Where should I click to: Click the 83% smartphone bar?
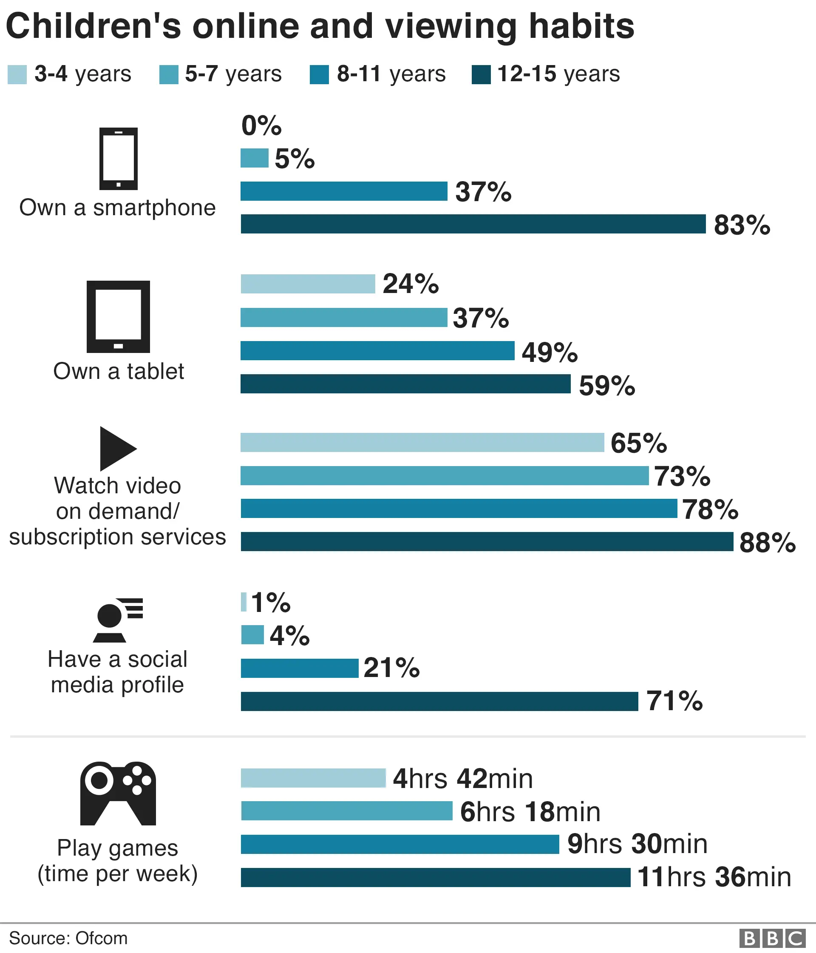[x=473, y=224]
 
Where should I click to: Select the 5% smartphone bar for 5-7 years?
[x=254, y=158]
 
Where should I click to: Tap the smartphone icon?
[x=119, y=159]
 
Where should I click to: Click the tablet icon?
[x=119, y=316]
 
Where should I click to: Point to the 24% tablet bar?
[x=308, y=284]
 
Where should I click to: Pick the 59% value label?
[x=606, y=385]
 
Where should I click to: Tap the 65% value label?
[x=638, y=443]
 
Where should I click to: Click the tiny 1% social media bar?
[x=244, y=602]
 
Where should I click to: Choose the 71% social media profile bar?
[x=439, y=701]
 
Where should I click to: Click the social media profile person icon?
[x=117, y=620]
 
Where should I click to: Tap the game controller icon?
[x=118, y=794]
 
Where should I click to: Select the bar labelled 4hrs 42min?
[x=313, y=778]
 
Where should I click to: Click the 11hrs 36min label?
[x=714, y=877]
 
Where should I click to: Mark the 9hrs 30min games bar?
[x=399, y=845]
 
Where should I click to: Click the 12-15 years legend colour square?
[x=481, y=74]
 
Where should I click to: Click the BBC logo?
[x=772, y=938]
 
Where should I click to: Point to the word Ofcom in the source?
[x=102, y=938]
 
